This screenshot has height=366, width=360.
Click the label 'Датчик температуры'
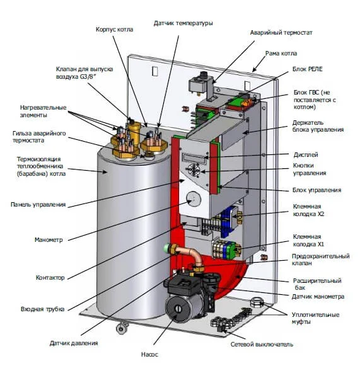tap(183, 23)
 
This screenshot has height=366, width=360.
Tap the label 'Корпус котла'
tap(115, 30)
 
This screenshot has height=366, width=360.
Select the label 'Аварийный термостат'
tap(281, 33)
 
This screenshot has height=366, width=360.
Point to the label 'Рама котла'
tap(281, 54)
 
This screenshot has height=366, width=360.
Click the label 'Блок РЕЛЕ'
tap(308, 69)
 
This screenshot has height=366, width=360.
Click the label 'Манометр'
tap(49, 240)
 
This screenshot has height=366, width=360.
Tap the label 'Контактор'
tap(50, 278)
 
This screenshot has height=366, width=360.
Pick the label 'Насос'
tap(149, 355)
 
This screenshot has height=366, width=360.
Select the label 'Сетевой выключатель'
tap(262, 345)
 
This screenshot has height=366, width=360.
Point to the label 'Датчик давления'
tap(74, 343)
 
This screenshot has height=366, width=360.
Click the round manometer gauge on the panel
tap(194, 198)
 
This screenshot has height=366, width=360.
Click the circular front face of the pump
tap(178, 309)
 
